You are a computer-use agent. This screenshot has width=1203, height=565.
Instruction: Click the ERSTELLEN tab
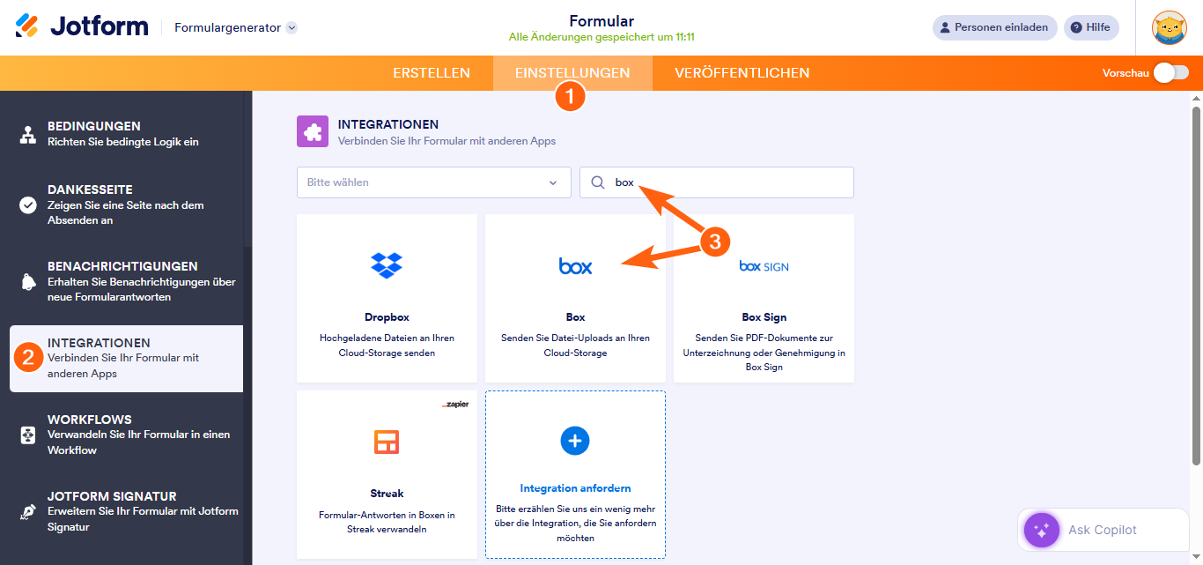coord(431,73)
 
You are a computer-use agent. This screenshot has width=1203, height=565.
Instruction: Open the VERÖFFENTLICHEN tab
coord(742,73)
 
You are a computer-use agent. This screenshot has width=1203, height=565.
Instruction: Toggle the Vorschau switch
coord(1170,73)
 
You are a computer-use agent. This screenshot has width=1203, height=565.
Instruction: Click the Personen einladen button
coord(994,27)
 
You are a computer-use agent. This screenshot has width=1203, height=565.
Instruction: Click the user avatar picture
coord(1169,27)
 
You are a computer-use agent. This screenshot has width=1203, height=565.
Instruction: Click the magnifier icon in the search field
coord(598,182)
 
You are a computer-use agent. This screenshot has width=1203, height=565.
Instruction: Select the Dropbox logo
coord(387,264)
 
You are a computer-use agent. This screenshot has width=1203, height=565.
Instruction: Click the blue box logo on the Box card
coord(575,265)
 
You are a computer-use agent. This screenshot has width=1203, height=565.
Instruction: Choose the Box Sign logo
coord(764,265)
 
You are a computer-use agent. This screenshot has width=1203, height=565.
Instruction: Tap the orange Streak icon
coord(387,441)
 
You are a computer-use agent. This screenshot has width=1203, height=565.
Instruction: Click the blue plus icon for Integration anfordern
coord(575,441)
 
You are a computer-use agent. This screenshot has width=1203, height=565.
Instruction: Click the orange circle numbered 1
coord(570,96)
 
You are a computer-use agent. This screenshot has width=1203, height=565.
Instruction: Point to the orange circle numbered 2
coord(28,357)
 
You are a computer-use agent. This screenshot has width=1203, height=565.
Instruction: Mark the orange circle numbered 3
coord(715,241)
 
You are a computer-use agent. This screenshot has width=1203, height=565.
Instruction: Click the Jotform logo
coord(82,26)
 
